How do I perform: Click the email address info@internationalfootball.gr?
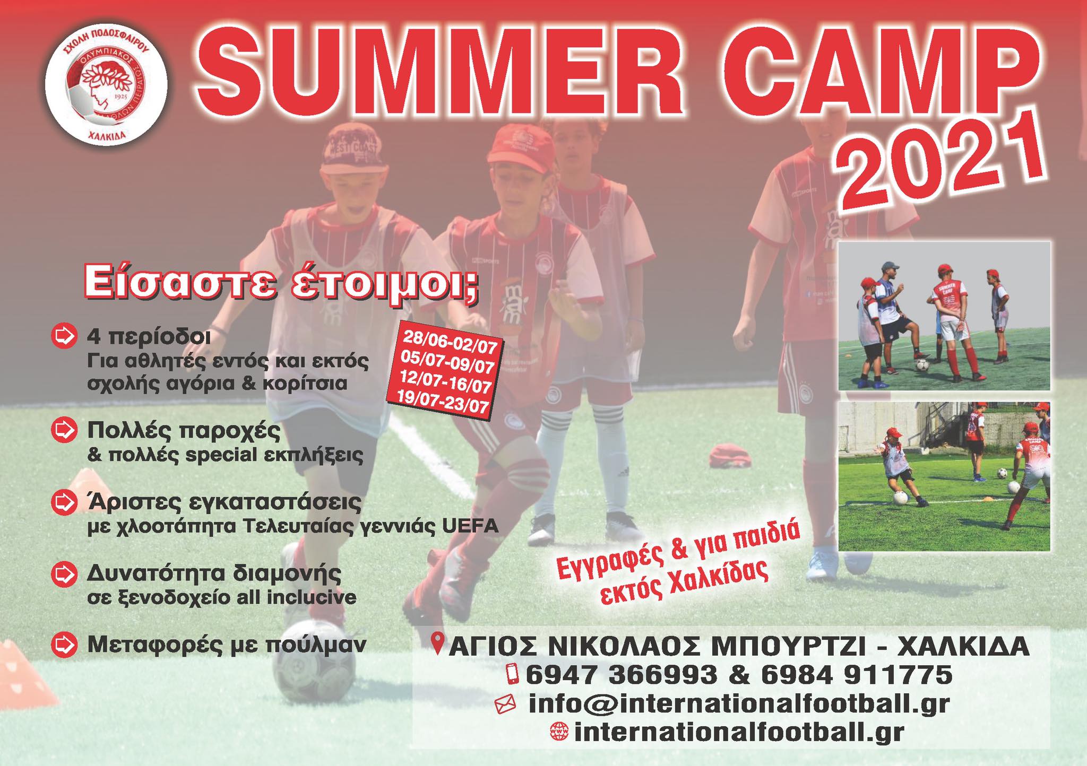tap(739, 703)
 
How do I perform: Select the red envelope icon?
tap(505, 704)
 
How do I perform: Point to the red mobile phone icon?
tap(513, 674)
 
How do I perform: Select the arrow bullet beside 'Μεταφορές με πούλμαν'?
tap(63, 644)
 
